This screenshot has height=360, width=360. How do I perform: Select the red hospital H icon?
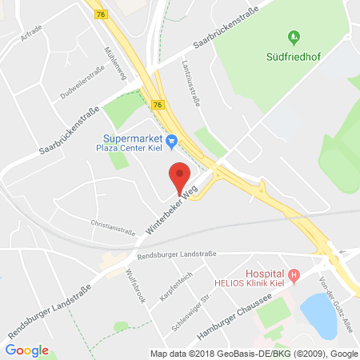pyautogui.click(x=294, y=276)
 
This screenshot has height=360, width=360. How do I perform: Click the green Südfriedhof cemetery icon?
pyautogui.click(x=294, y=37)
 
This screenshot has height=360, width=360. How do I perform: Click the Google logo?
pyautogui.click(x=27, y=350)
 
